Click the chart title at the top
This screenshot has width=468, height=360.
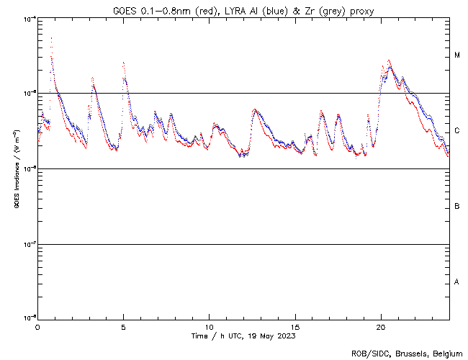[x=243, y=11]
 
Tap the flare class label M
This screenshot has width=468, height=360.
[x=457, y=55]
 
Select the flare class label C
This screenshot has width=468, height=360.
[x=457, y=131]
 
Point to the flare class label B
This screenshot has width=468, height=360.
[x=457, y=207]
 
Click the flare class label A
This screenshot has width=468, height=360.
[x=457, y=282]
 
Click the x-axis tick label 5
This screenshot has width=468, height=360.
[x=123, y=326]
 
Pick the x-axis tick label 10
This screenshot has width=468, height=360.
[x=209, y=326]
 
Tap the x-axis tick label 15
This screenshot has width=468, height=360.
[x=295, y=326]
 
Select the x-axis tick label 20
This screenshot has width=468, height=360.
[x=381, y=326]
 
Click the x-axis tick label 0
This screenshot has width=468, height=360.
[x=37, y=326]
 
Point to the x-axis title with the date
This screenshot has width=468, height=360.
[x=243, y=336]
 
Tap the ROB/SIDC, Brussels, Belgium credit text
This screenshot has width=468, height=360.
[x=407, y=353]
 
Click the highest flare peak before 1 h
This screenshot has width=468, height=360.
[x=51, y=38]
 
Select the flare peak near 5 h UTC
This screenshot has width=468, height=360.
[x=124, y=63]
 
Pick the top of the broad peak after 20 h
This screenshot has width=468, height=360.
[x=390, y=61]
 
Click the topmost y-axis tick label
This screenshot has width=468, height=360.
[x=26, y=19]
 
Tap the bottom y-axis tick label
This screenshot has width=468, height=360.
[x=26, y=318]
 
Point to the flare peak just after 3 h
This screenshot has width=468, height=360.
[x=93, y=78]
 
